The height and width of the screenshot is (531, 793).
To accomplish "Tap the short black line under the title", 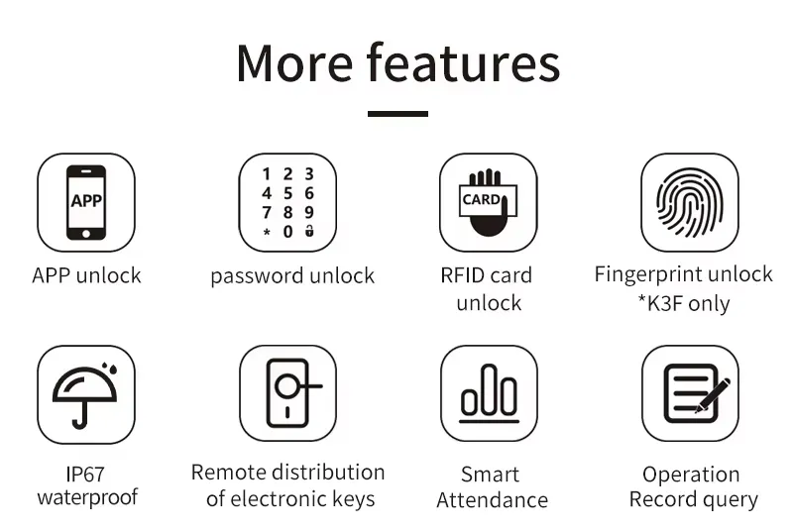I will pos(397,114).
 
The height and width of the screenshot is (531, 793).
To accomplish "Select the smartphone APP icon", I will pos(86,202).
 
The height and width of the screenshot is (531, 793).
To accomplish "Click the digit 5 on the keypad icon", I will pos(287,193).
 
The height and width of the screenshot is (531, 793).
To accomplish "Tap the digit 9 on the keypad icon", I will pos(309,212).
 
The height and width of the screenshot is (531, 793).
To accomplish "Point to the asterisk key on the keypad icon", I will pos(266,232).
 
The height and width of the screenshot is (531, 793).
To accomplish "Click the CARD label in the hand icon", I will pos(482,199).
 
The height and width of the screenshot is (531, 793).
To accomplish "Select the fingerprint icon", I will pos(690,202).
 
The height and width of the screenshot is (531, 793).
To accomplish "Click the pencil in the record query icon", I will pos(713,393).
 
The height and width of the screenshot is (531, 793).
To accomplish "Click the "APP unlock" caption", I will pos(86,275).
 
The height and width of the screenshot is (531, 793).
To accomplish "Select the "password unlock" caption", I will pos(292,276).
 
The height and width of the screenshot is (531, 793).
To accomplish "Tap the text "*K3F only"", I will pos(683,303).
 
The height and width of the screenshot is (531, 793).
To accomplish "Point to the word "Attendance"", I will pos(492,500).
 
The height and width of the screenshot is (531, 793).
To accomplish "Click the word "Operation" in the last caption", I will pos(691,475).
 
